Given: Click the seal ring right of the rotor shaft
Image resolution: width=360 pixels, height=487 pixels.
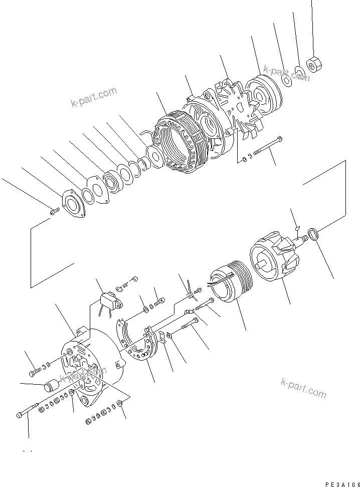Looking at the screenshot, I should point(313,234).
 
